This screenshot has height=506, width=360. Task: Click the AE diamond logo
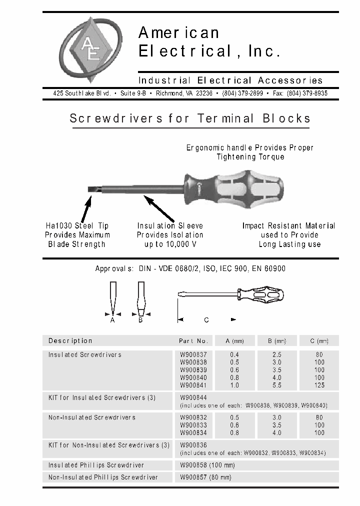tap(90, 49)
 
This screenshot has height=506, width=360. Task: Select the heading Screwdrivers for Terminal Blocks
tap(190, 118)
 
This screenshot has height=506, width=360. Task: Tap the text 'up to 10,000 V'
tap(170, 244)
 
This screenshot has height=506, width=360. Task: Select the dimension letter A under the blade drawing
tap(112, 320)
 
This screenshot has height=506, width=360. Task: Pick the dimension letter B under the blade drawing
tap(140, 320)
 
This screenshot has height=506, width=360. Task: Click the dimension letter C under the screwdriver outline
tap(206, 320)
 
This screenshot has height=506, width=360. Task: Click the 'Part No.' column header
tap(193, 341)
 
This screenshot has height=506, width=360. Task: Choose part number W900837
tap(193, 354)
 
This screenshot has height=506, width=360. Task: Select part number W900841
tap(193, 385)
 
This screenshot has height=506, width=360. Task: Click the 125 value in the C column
tap(319, 385)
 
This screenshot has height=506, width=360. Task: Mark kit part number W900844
tap(193, 398)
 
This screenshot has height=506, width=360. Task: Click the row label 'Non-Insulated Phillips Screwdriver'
tap(103, 477)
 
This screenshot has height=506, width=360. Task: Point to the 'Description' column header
tap(70, 341)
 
